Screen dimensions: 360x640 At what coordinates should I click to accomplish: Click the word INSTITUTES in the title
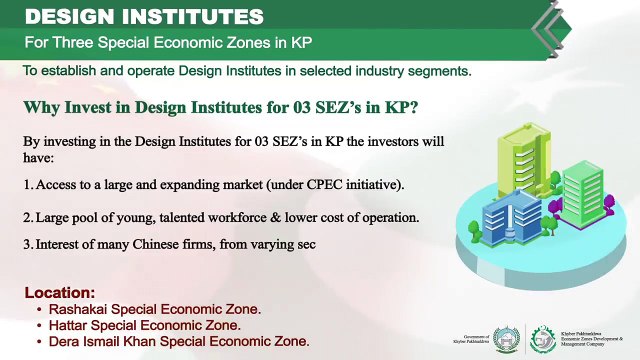point(189,17)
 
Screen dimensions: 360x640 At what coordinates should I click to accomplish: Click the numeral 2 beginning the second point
point(27,217)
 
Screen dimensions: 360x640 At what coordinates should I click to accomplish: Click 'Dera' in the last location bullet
point(64,341)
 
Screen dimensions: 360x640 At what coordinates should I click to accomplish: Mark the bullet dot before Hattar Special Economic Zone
point(39,326)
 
